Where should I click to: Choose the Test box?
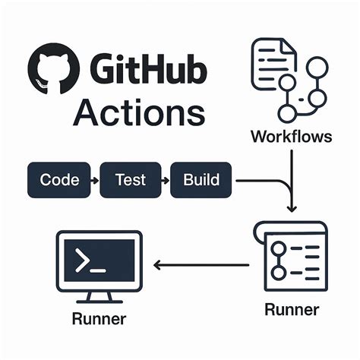[131, 180]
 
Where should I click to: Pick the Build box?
[201, 180]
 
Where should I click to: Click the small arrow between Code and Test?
[94, 181]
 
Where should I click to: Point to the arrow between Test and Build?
[166, 181]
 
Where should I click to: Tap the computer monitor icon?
[99, 263]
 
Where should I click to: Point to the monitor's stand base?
[99, 298]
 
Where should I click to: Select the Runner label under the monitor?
[99, 317]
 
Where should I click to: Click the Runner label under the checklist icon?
[292, 309]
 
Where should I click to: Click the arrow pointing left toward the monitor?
[201, 265]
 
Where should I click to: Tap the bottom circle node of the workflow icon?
[287, 114]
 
